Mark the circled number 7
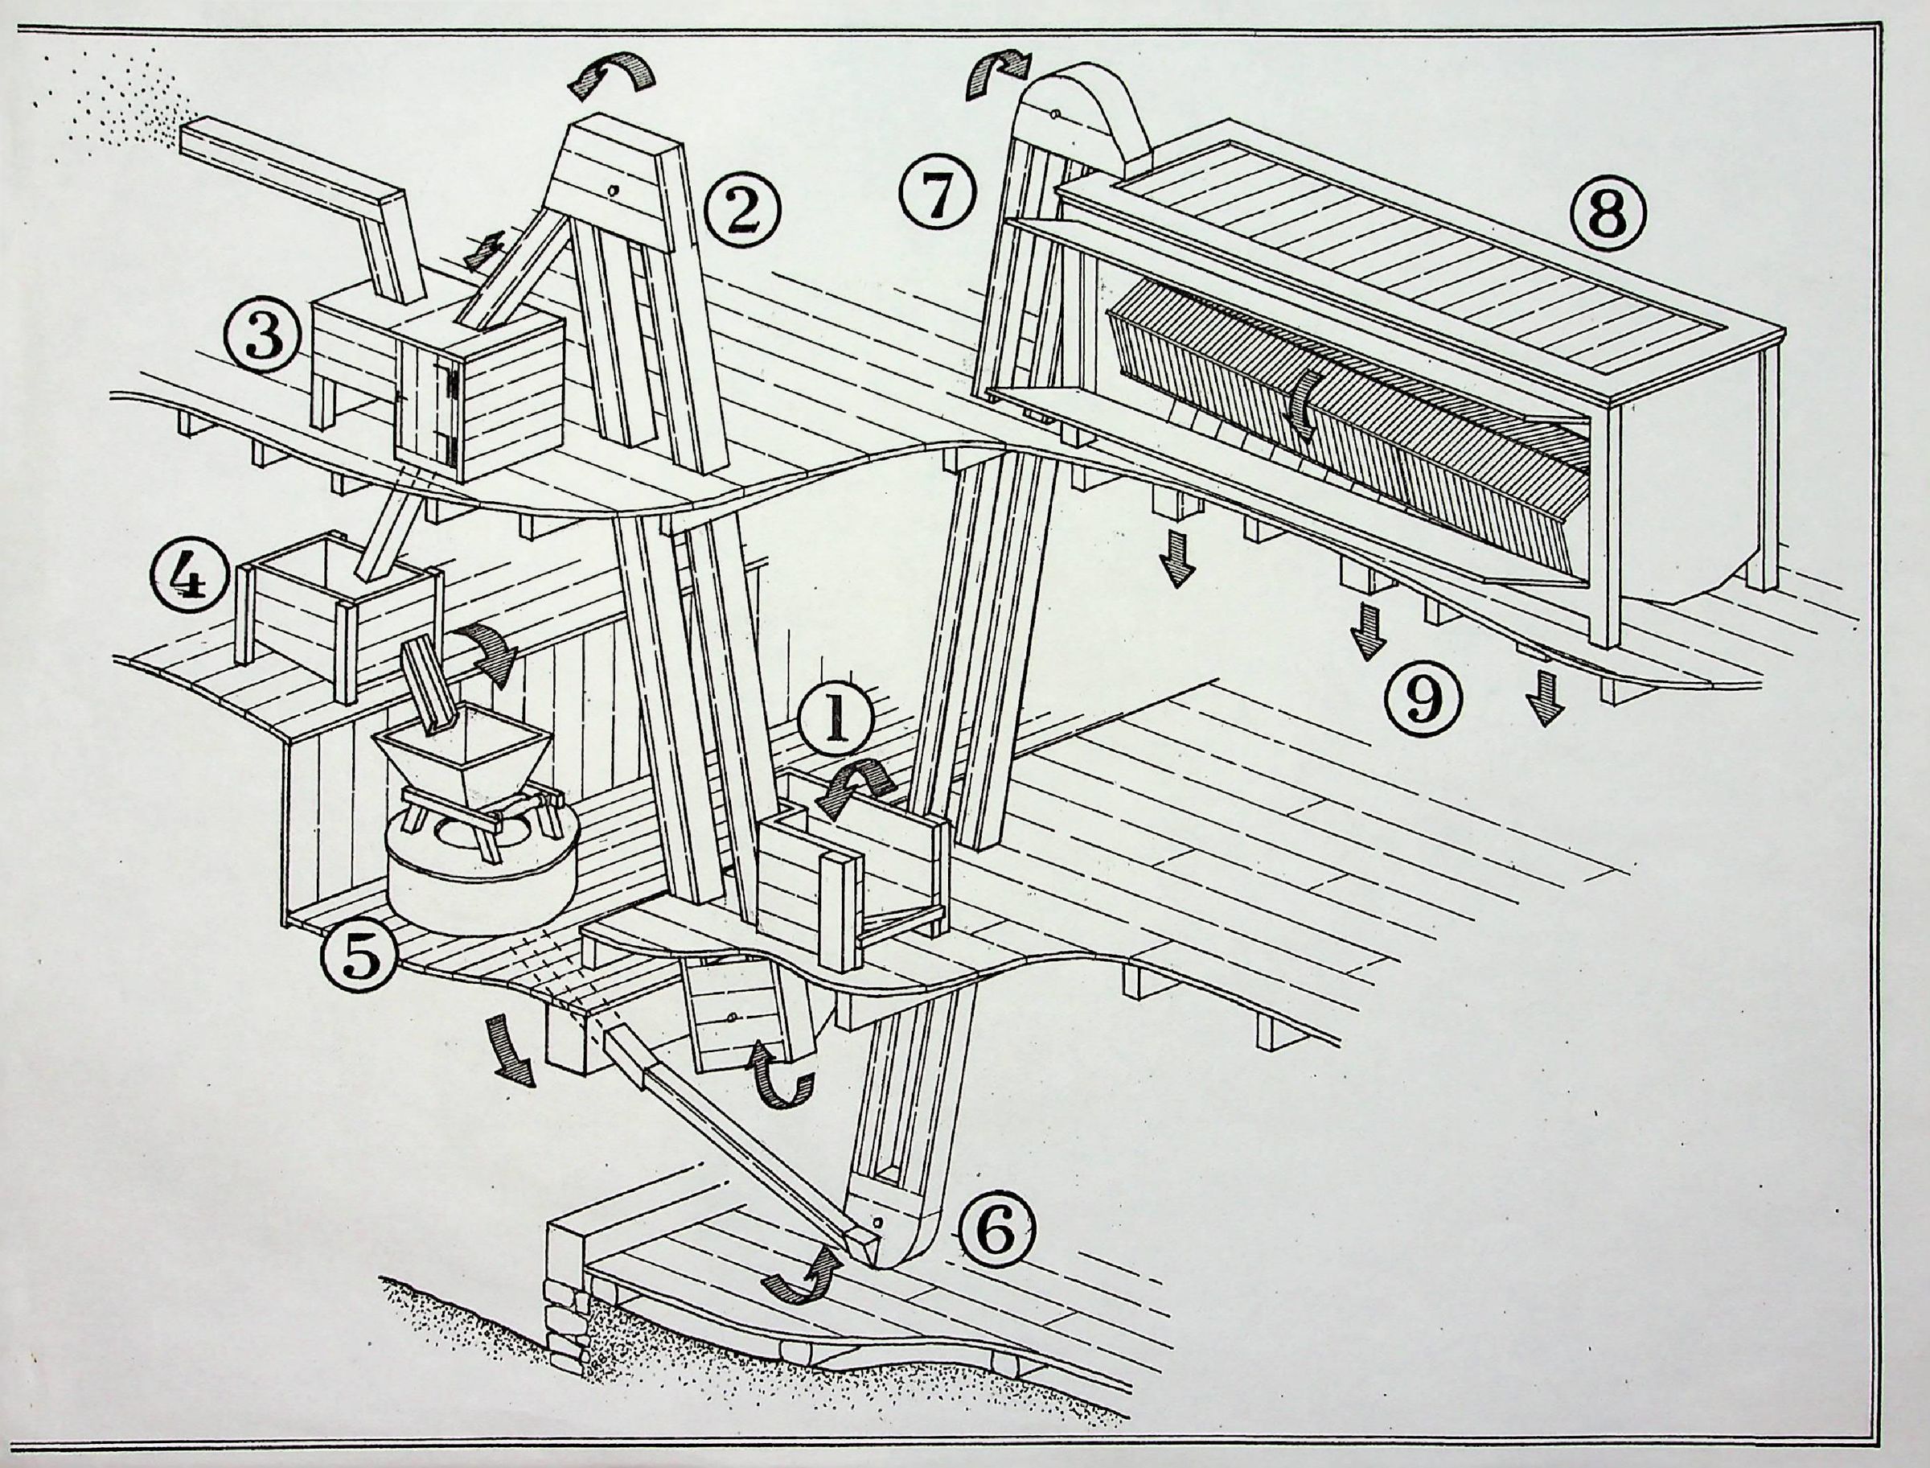point(938,195)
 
